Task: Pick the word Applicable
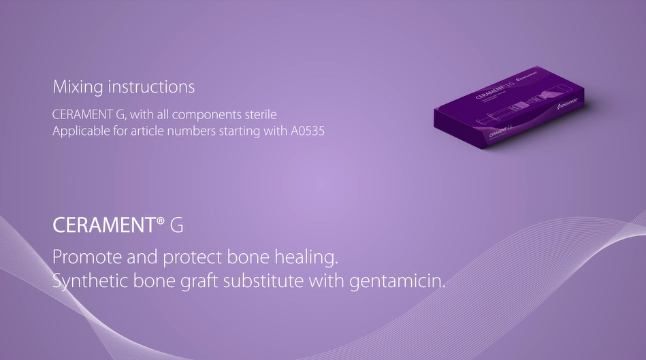78,130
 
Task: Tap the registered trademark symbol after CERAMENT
161,223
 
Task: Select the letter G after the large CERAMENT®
176,226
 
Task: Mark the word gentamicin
398,281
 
